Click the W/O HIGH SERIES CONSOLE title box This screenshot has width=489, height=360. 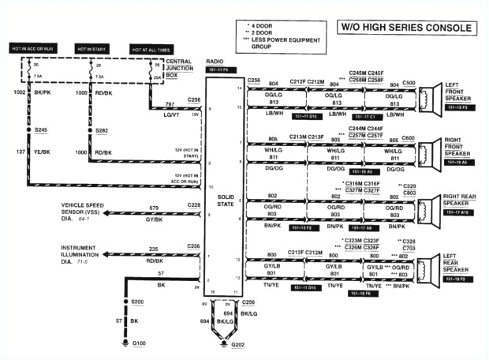tap(407, 28)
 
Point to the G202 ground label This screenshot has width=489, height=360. tap(237, 345)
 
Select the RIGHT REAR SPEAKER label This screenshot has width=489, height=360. tap(461, 201)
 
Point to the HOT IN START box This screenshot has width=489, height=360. tap(92, 49)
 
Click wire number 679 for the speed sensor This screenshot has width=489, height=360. tap(154, 208)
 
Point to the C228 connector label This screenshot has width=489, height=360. tap(193, 205)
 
